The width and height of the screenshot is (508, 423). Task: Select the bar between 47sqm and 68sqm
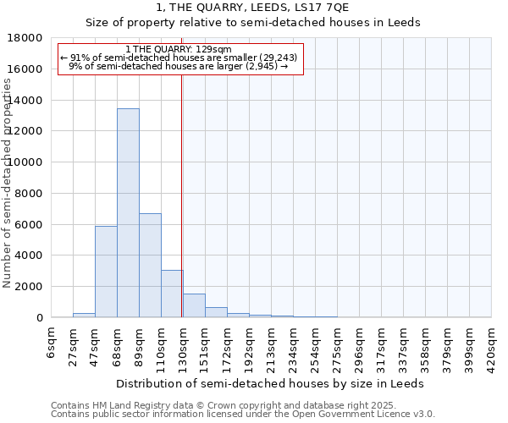pos(106,272)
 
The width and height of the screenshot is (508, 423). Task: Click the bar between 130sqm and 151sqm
pos(194,305)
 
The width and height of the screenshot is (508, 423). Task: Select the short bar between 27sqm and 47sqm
pos(84,315)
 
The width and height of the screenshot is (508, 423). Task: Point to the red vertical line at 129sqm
pos(182,211)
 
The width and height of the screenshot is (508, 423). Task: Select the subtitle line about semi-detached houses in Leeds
pos(253,23)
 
